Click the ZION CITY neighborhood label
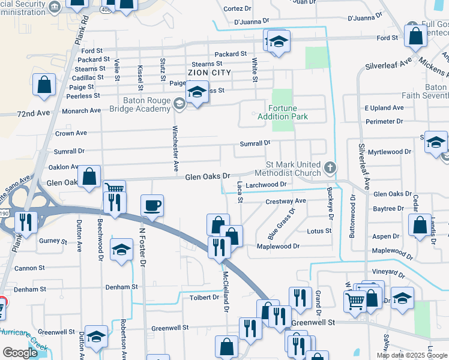tap(209, 72)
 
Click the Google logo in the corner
tap(20, 352)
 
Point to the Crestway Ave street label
tap(286, 201)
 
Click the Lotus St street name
tap(319, 231)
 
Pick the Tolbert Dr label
tap(204, 297)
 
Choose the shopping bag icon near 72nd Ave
tap(44, 85)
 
